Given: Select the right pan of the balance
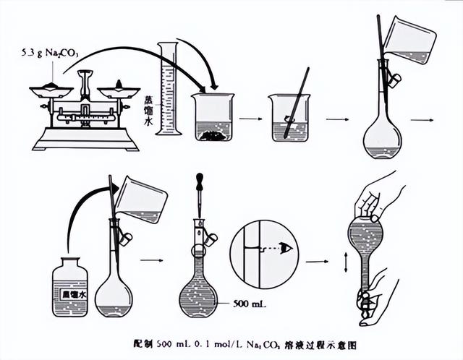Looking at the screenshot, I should pos(119,90).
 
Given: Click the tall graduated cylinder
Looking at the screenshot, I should pos(169,90).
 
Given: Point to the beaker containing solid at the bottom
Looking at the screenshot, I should pos(213,117).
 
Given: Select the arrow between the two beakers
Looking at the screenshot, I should pos(250,118).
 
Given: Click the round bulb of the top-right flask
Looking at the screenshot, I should pos(381,137).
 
